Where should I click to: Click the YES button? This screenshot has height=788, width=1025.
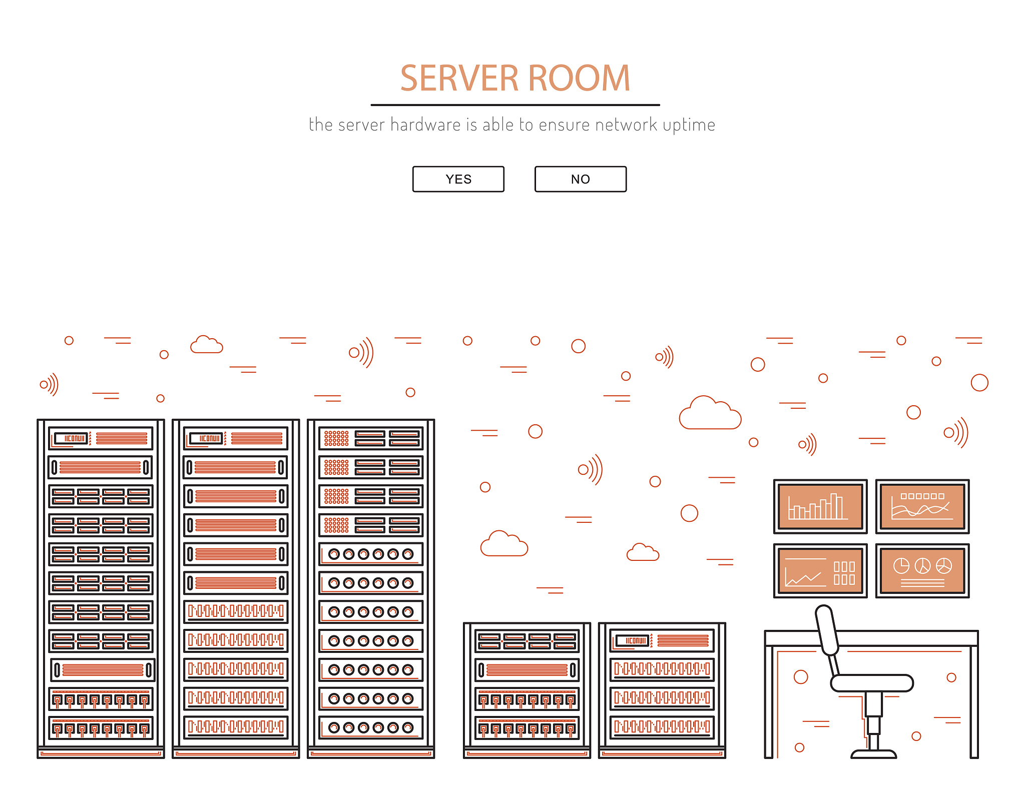458,179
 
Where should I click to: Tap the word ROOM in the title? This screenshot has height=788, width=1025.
579,79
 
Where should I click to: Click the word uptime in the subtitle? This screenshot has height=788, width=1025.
689,125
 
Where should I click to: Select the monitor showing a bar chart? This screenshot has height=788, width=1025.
820,506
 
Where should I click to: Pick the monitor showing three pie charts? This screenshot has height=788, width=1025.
922,571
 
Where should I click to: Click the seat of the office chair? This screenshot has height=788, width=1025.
872,683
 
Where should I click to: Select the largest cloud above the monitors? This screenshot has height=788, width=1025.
710,413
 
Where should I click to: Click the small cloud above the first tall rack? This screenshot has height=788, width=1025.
206,345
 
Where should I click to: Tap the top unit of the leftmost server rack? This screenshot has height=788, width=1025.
101,438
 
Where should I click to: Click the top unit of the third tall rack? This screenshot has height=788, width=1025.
371,438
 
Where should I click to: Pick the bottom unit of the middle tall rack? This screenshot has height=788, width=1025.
236,727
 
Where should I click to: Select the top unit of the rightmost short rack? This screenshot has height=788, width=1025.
662,640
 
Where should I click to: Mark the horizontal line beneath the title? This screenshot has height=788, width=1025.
515,105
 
